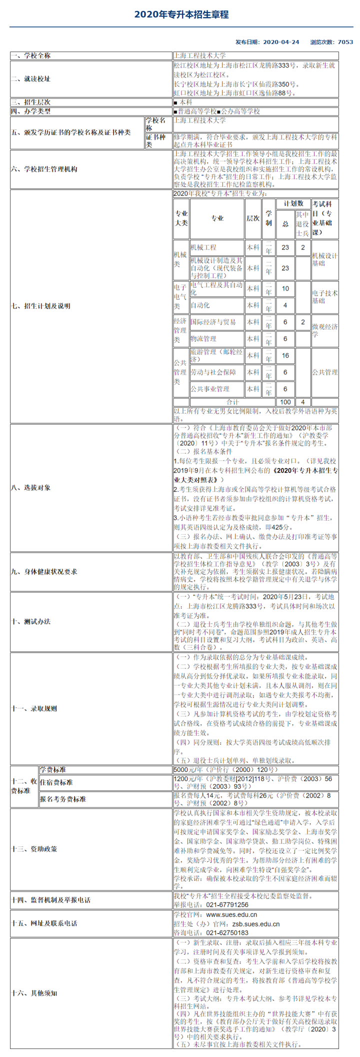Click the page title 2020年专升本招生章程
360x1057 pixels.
pos(181,14)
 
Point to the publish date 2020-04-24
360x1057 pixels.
pos(281,42)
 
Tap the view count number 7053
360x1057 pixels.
pos(345,42)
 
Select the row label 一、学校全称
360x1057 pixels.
pos(30,55)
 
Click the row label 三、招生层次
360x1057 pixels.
pos(30,102)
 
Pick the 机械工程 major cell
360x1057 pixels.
pos(203,247)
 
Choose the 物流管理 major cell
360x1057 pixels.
pos(203,339)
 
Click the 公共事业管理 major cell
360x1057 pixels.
pos(210,389)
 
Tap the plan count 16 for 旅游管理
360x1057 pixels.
pos(285,355)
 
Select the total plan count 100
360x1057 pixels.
pos(285,402)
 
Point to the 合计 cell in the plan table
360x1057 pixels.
pos(233,402)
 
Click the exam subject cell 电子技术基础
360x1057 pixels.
pos(324,297)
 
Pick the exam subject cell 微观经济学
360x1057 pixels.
pos(324,330)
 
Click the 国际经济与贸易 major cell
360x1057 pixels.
pos(213,322)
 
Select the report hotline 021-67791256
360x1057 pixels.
pos(227,904)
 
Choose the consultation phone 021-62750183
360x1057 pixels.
pos(227,932)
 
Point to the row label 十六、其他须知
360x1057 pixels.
pos(34,993)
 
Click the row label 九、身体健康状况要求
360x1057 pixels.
pos(44,571)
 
